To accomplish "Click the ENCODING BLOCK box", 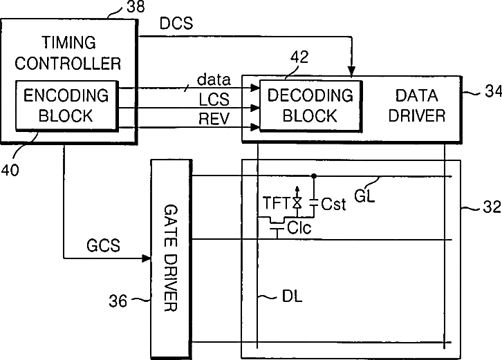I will coord(66,105).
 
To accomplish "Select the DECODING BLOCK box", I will coord(310,104).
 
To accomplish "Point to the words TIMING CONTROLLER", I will coord(68,54).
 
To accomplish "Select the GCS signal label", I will coord(104,245).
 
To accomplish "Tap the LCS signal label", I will coord(214,100).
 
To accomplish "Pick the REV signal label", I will coord(214,119).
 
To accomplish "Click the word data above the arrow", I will coord(214,81).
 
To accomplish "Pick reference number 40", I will coord(10,154).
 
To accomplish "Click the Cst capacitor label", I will coord(335,204).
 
